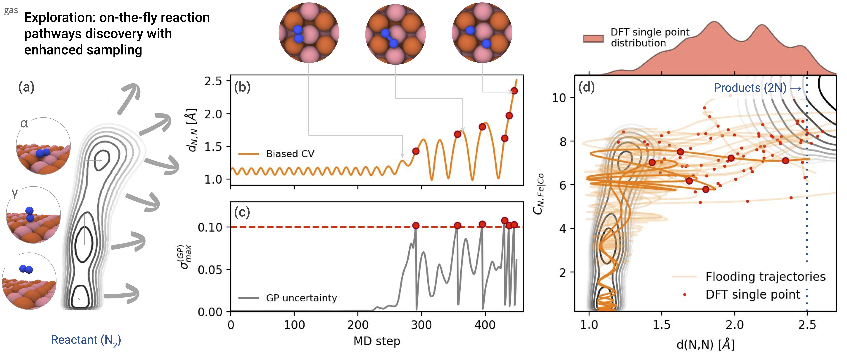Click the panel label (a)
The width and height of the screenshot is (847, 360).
coord(26,87)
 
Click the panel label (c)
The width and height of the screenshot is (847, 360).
coord(242,212)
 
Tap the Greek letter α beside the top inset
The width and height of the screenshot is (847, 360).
coord(24,124)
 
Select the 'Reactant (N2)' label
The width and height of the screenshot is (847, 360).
coord(86,340)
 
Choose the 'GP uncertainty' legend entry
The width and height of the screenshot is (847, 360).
coord(301,298)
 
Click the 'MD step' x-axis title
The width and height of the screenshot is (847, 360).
coord(377,341)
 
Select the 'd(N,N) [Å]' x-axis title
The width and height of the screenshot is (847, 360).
coord(705,345)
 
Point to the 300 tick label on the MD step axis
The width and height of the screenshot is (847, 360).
coord(421,325)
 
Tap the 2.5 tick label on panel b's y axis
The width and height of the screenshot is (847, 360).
coord(213,81)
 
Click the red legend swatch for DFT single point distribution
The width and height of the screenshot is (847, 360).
coord(593,38)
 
